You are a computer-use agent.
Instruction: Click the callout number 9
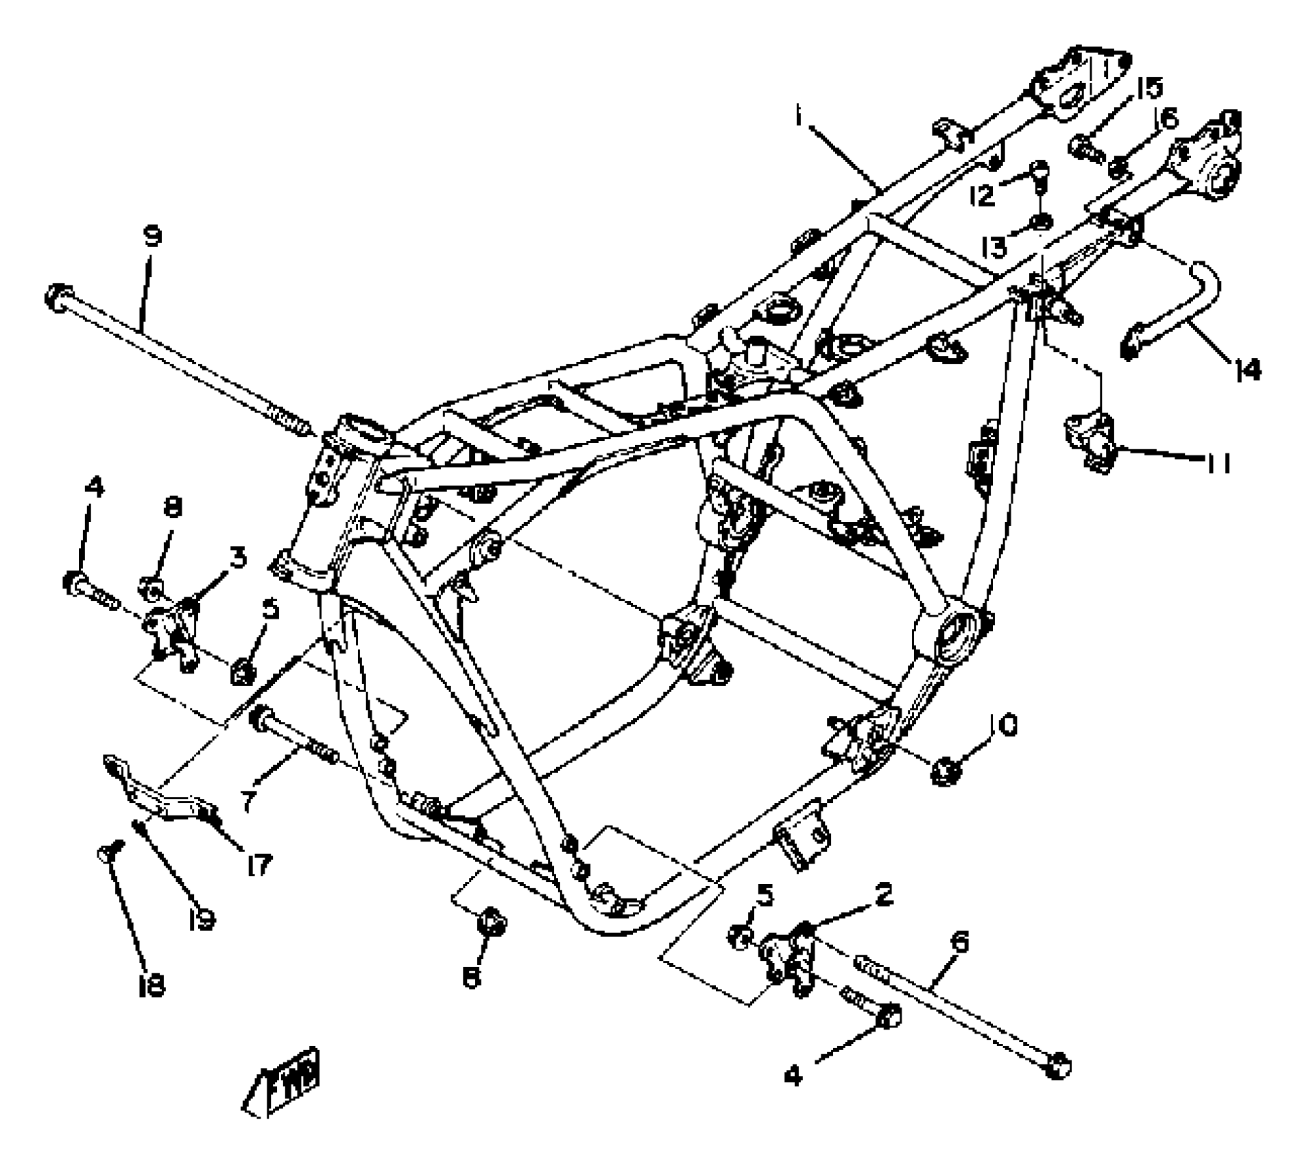point(152,237)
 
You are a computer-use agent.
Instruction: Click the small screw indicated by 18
point(108,853)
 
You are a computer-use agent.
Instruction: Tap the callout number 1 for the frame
point(799,115)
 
